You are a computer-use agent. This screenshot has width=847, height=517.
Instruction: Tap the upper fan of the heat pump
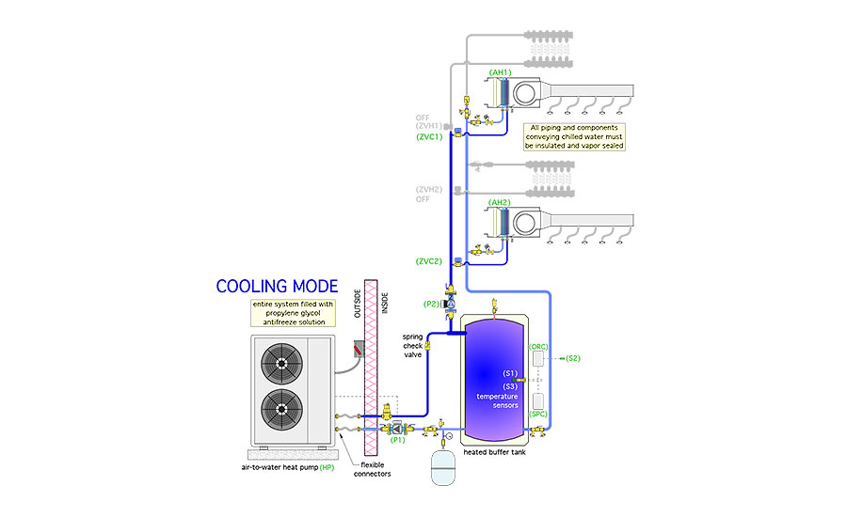tap(280, 363)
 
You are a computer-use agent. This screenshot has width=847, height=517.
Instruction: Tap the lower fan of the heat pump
tap(280, 410)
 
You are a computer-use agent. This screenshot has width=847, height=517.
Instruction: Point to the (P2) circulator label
tap(432, 304)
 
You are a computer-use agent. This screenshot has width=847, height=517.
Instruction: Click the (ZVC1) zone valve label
tap(429, 137)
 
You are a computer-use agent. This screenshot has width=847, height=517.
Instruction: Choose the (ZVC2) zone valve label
tap(429, 259)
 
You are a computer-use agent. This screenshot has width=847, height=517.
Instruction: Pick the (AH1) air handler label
tap(500, 73)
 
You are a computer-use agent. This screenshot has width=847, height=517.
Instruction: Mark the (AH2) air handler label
tap(500, 202)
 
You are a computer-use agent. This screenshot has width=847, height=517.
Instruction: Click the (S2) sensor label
tap(573, 358)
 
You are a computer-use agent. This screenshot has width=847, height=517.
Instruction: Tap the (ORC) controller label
tap(539, 346)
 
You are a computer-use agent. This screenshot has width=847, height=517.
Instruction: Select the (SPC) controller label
tap(539, 414)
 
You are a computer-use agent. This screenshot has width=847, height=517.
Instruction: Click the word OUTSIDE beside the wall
tap(358, 302)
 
